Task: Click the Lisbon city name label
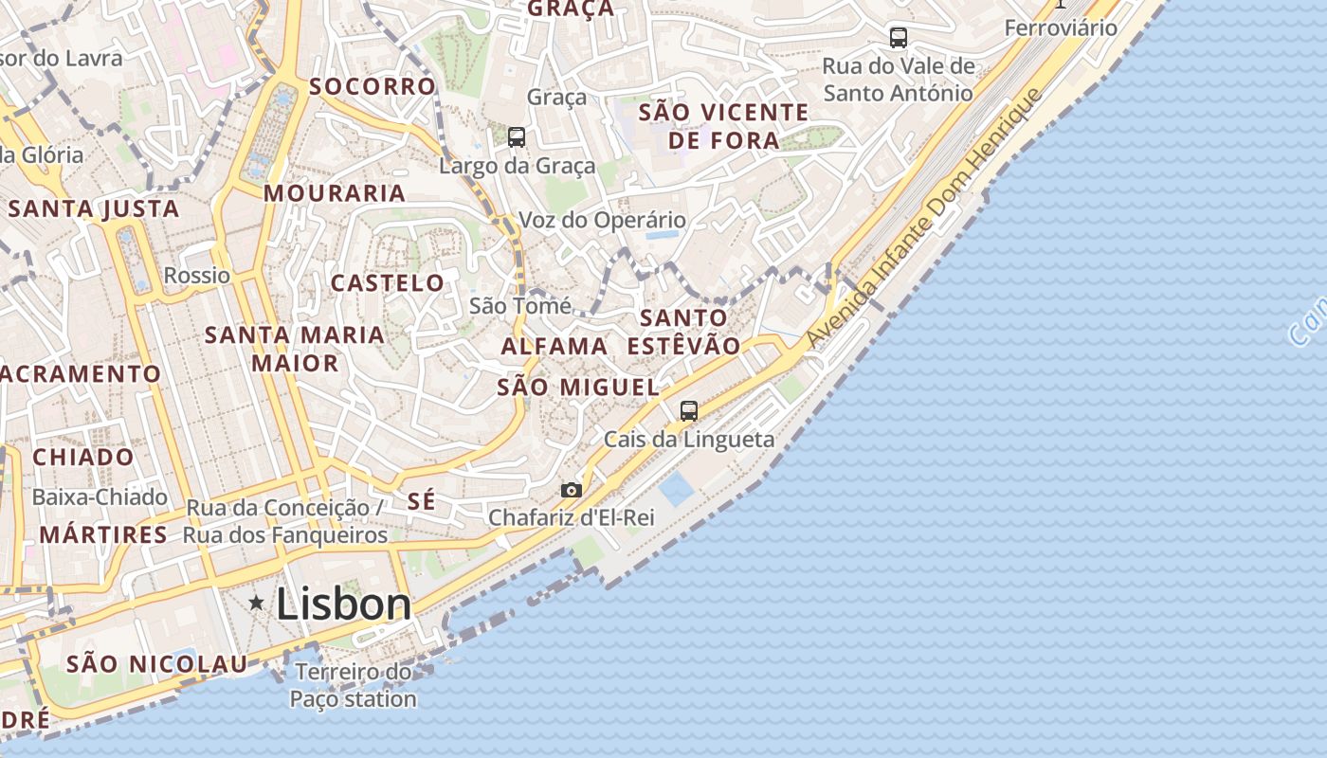pos(343,605)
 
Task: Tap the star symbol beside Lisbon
pos(256,603)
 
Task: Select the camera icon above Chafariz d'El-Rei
pos(571,490)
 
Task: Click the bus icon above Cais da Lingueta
pos(689,411)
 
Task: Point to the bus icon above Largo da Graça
pos(517,137)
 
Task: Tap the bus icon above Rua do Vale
pos(898,38)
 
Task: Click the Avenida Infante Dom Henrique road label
pos(923,219)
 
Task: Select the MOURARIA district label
pos(335,193)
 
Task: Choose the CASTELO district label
pos(387,283)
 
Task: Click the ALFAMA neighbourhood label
pos(554,347)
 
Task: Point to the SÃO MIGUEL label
pos(578,388)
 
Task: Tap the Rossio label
pos(197,276)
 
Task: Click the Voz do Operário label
pos(602,221)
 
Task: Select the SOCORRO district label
pos(372,86)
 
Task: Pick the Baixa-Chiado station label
pos(100,497)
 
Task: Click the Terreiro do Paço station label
pos(353,686)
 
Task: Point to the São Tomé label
pos(520,306)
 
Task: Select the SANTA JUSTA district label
pos(94,209)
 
